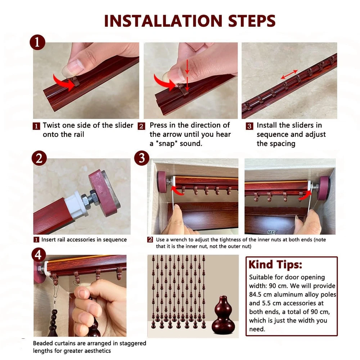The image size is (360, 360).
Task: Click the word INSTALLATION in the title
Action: point(163,21)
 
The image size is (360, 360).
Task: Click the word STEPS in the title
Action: point(252,21)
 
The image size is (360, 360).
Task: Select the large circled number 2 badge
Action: point(39,158)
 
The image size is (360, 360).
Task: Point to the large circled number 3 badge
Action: point(141,158)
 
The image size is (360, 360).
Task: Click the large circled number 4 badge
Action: point(38,255)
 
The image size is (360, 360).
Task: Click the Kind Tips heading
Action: point(275,265)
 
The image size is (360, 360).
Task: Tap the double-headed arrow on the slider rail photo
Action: point(289,75)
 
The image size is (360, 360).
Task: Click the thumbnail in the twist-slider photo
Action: point(71,67)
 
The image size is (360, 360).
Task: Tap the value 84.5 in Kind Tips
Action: point(257,294)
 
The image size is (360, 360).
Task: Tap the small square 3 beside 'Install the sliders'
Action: point(249,126)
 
